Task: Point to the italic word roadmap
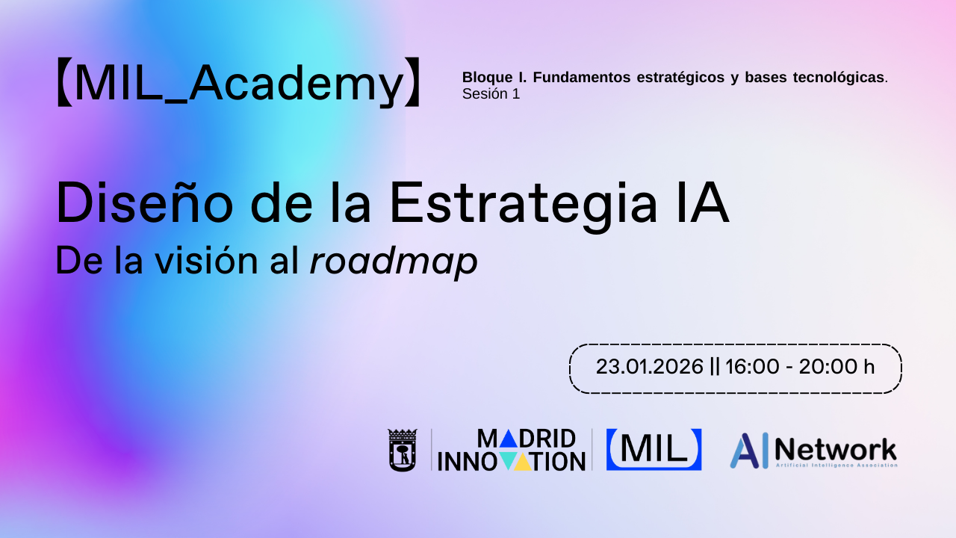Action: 394,262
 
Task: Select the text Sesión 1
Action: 491,94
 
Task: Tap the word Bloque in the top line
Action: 484,78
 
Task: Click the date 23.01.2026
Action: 650,367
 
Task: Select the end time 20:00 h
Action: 836,367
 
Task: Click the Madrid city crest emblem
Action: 402,450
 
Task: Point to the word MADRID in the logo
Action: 526,439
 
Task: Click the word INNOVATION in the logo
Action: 511,461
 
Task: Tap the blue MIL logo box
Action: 654,449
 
